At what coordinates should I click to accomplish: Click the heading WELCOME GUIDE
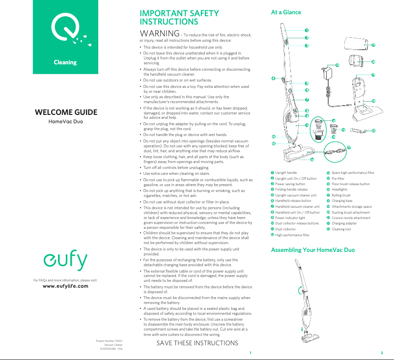[x=66, y=112]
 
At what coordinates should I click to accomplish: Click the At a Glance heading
[x=286, y=12]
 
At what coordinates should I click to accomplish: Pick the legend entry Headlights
[x=339, y=190]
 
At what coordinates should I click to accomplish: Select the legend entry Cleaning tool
[x=341, y=229]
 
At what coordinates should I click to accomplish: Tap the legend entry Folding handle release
[x=291, y=190]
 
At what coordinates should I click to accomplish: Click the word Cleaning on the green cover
[x=65, y=62]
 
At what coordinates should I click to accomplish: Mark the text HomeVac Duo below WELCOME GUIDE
[x=66, y=121]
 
